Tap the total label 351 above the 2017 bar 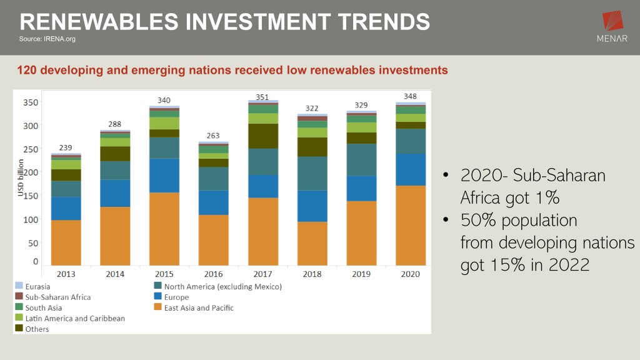coord(262,97)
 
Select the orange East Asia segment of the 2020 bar coord(411,225)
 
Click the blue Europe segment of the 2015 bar coord(164,176)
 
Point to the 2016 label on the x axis coord(214,274)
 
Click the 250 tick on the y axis coord(31,149)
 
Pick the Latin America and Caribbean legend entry coord(74,318)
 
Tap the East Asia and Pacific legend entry coord(199,307)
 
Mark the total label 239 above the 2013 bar coord(66,147)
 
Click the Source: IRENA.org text coord(47,39)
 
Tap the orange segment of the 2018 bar coord(312,243)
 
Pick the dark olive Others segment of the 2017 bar coord(262,136)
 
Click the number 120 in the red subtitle coord(27,70)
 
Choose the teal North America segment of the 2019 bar coord(361,160)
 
